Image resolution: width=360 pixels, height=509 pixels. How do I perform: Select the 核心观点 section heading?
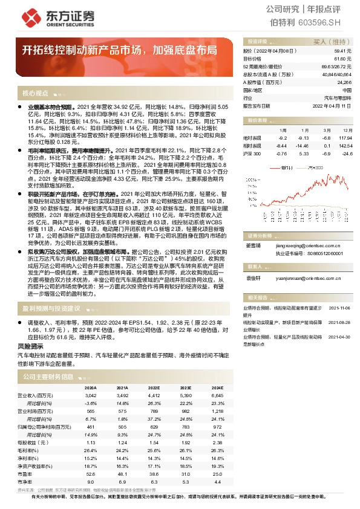click(35, 93)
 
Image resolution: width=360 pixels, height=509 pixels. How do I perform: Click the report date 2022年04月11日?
click(332, 105)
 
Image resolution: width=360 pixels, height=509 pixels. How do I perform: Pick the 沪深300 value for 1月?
click(266, 154)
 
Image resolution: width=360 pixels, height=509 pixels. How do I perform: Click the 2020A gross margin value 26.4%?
click(91, 450)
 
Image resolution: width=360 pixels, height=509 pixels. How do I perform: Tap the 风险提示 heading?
click(30, 346)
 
